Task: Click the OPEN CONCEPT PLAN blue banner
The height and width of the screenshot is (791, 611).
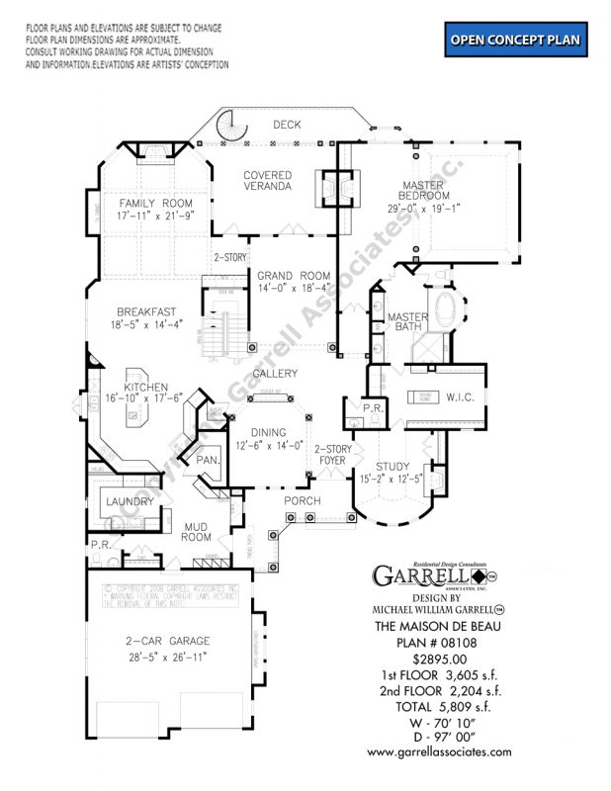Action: pos(515,41)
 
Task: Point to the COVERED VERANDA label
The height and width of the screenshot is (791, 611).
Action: pos(269,180)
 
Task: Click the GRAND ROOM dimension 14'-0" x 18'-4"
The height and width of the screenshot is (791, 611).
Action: pos(294,289)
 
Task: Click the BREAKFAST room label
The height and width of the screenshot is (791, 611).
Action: pos(146,310)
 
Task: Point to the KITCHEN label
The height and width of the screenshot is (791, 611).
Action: pos(145,387)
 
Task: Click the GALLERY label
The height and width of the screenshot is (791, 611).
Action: pos(275,374)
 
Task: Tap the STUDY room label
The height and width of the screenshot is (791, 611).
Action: pos(393,466)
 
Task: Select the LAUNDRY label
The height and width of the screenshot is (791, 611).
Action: pos(130,501)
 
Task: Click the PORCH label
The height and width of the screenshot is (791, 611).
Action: pos(303,500)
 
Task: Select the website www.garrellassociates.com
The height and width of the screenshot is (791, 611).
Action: pos(440,751)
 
